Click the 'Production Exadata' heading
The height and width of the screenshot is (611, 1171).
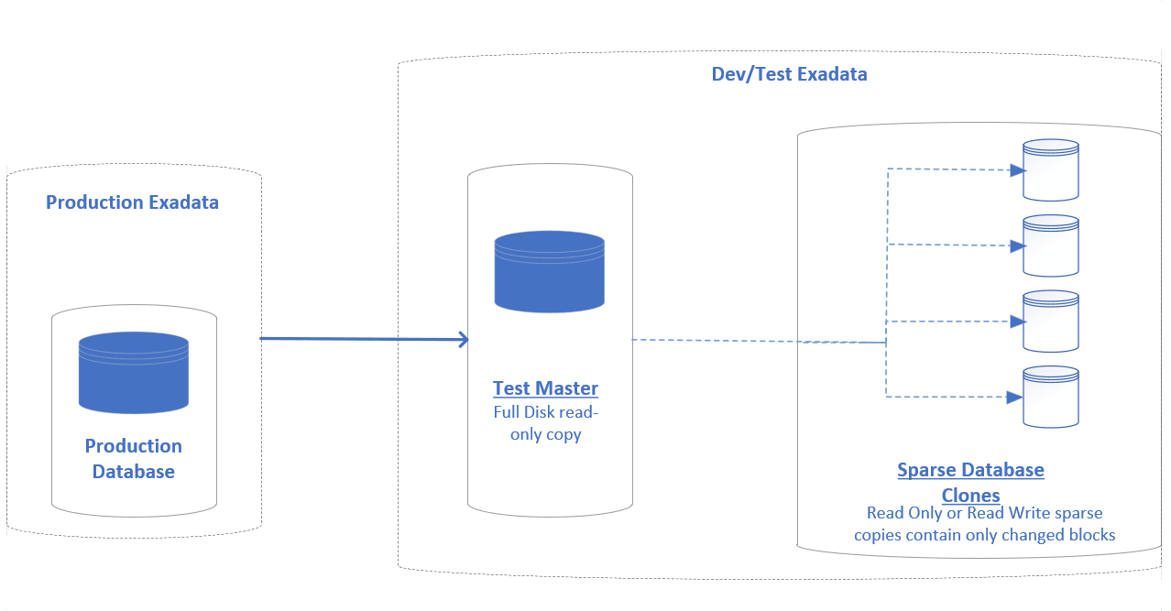[x=132, y=202]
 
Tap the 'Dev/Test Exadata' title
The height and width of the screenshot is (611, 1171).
[x=789, y=74]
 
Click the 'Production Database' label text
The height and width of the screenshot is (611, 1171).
[x=134, y=458]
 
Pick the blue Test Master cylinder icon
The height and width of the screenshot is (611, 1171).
[x=549, y=272]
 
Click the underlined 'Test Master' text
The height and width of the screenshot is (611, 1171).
[x=545, y=387]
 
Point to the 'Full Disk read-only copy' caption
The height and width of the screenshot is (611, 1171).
[x=545, y=423]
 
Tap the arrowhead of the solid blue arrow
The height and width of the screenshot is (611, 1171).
[x=464, y=340]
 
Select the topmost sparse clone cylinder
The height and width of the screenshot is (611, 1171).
[x=1051, y=170]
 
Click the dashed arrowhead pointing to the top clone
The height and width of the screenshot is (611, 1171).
[x=1015, y=170]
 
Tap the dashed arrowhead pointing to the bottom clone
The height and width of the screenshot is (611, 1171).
[x=1015, y=398]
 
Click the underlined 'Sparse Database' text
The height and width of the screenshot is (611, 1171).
[x=970, y=470]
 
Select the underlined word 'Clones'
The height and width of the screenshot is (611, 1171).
[x=970, y=495]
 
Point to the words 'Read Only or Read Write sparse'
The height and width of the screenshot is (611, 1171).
[x=984, y=513]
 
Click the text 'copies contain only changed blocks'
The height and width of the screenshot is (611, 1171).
[x=984, y=534]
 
